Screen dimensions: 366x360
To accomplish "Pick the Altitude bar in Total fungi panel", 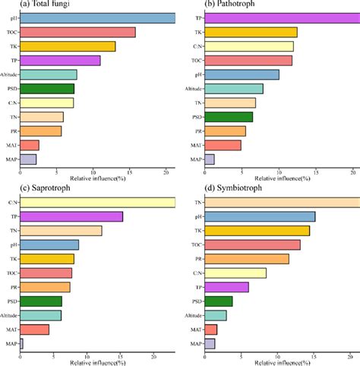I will coord(48,74).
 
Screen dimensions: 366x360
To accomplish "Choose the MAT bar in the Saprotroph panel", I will coord(34,329).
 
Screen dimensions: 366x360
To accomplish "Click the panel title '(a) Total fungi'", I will coord(34,5).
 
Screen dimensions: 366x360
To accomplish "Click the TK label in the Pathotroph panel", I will coord(198,32).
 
